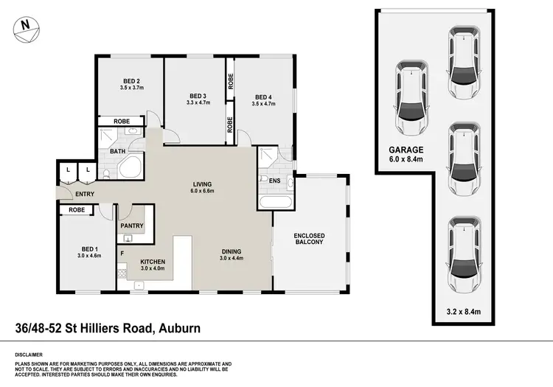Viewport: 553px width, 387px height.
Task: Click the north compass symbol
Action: (x=25, y=27)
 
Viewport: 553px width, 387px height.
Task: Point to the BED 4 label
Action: (x=263, y=97)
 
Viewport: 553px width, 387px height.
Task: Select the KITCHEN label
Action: (x=153, y=262)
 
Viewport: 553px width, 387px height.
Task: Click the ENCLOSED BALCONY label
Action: (x=310, y=239)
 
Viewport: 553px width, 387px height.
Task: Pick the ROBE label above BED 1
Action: (x=77, y=210)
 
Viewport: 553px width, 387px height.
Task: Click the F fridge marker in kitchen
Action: (x=122, y=254)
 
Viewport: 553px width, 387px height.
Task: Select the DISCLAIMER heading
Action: (x=29, y=354)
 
